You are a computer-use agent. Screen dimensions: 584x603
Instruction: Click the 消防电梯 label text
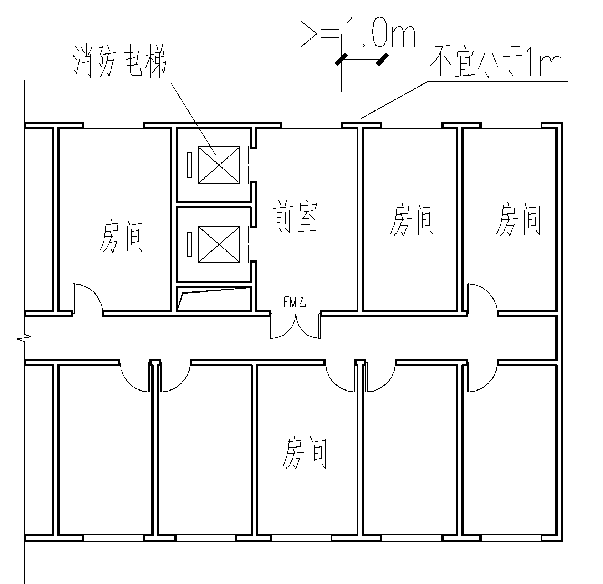(120, 65)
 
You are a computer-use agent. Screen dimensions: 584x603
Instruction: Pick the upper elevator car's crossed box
(219, 165)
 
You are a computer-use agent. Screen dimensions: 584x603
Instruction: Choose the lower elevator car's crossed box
(219, 244)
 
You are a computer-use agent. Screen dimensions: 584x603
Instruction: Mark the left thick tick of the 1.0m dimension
(341, 59)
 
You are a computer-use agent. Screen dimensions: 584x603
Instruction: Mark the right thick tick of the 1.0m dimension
(382, 59)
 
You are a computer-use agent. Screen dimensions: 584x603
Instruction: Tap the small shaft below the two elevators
(214, 299)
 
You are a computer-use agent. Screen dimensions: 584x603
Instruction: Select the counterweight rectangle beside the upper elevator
(189, 165)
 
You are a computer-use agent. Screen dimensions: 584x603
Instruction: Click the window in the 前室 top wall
(311, 125)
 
